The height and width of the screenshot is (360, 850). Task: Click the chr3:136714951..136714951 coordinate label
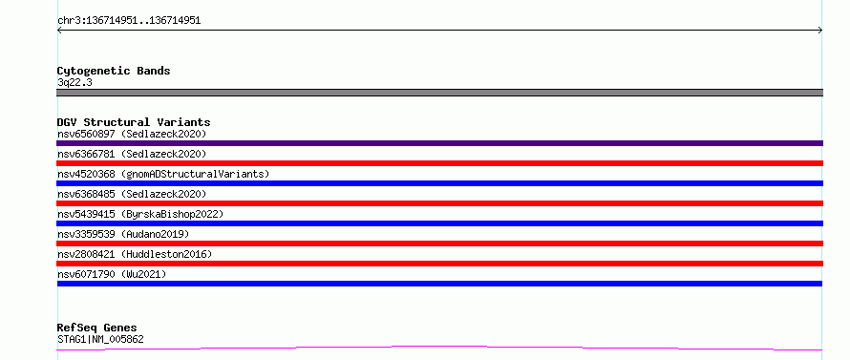click(129, 21)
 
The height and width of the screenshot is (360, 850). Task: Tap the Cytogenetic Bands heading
click(114, 71)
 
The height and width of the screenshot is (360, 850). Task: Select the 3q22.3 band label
click(74, 83)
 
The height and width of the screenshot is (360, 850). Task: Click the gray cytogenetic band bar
click(439, 93)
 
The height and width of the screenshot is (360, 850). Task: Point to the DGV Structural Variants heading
click(134, 122)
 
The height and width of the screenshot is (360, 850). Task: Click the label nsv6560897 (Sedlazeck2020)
click(132, 134)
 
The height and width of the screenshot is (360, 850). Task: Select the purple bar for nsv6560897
click(439, 143)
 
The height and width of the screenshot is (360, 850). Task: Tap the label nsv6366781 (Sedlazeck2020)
click(132, 154)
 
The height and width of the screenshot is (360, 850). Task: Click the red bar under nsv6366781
click(439, 163)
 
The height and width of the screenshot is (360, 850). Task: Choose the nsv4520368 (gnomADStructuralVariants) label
click(163, 174)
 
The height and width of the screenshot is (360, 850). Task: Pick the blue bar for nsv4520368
click(439, 183)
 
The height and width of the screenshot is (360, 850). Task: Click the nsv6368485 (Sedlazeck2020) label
click(132, 194)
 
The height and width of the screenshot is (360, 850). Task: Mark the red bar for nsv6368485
click(439, 203)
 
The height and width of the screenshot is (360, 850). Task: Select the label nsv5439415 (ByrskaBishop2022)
click(140, 214)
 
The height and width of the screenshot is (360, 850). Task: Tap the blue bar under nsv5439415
click(439, 223)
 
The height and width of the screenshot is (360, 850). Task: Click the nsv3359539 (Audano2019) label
click(123, 234)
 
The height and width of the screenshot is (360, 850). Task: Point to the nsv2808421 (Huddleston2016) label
click(135, 254)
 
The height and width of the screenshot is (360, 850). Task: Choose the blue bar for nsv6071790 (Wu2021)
click(439, 284)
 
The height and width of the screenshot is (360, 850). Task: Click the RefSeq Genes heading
click(97, 328)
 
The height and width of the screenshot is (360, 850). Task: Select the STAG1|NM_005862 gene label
click(100, 340)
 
